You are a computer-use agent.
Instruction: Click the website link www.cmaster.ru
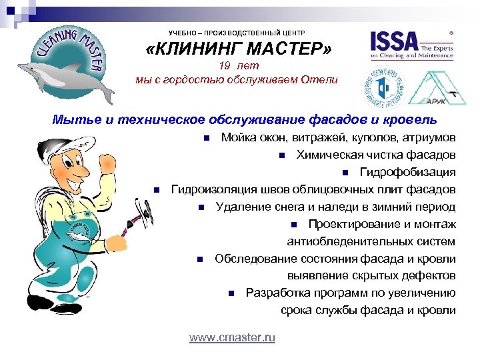point(232,338)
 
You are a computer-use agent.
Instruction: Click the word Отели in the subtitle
point(321,79)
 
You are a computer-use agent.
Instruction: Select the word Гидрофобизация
point(408,173)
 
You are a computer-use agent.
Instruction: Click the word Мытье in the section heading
point(73,120)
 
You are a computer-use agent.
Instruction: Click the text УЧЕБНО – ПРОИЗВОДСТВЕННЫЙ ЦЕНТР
point(236,32)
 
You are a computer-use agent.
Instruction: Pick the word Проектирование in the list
point(347,224)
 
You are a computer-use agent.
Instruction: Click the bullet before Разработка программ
point(230,293)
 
